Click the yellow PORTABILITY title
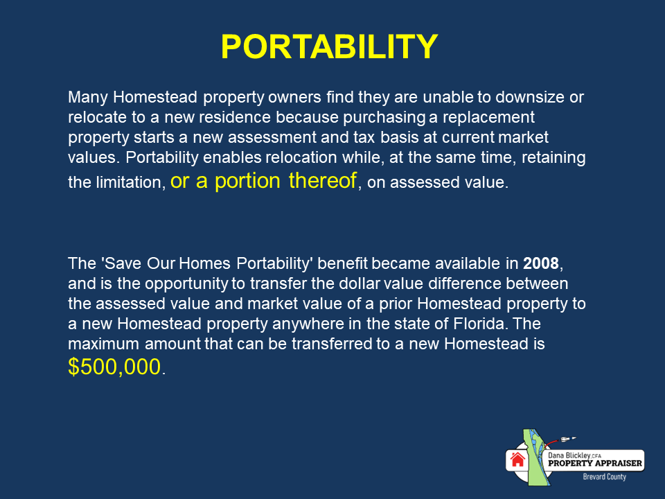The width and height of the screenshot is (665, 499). [329, 46]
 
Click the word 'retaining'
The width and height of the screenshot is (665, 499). [554, 157]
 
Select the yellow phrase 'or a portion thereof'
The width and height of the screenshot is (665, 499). [264, 182]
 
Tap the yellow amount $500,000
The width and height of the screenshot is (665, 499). [115, 367]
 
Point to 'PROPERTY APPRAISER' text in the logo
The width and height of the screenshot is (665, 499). [595, 463]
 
